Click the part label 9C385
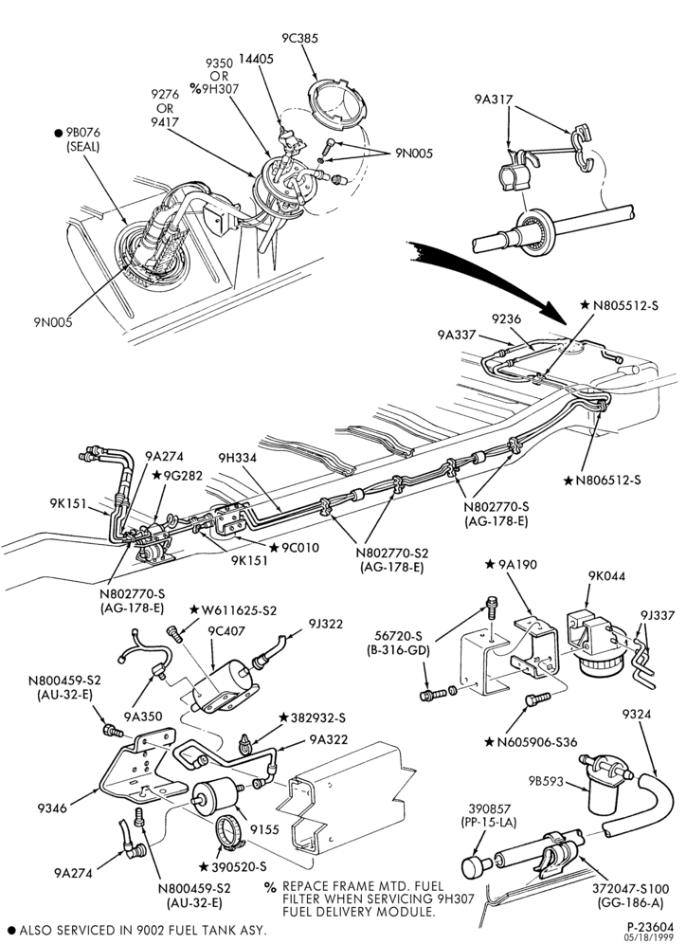pos(299,38)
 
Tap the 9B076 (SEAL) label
pos(79,139)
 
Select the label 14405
pos(256,59)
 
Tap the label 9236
pos(506,318)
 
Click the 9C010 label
pos(295,548)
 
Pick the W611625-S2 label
pos(233,609)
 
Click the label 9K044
pos(606,576)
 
